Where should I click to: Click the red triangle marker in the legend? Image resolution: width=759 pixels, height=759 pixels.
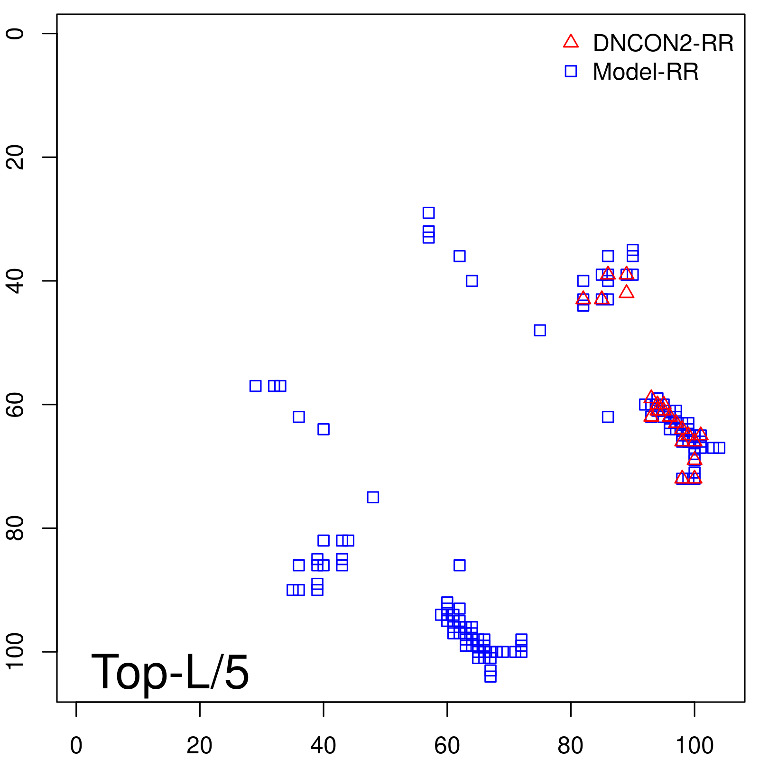[571, 42]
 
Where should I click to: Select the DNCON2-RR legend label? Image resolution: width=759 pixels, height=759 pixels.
[663, 44]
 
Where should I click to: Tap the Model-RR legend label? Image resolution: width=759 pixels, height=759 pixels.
[646, 72]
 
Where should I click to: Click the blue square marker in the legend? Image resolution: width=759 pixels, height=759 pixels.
[571, 71]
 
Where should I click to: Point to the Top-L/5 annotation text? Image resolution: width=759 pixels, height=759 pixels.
[170, 672]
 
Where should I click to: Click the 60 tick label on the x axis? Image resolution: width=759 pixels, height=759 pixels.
[447, 746]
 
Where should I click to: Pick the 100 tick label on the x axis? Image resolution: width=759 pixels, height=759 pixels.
[694, 746]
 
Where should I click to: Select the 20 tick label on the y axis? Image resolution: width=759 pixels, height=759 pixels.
[15, 157]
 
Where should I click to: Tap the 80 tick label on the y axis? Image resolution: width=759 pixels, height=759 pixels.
[15, 528]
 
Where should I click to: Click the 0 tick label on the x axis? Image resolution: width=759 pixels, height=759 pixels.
[76, 746]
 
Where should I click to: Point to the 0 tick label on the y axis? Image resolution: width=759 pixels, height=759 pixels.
[15, 33]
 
